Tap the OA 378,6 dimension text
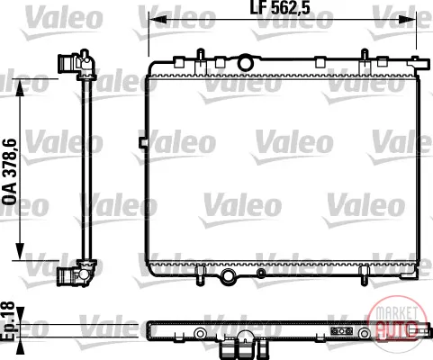coord(9,172)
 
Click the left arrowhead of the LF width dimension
coord(158,20)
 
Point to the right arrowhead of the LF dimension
coord(408,20)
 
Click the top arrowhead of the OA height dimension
coord(20,87)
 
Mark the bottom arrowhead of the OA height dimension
coord(20,251)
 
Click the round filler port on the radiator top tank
coord(245,63)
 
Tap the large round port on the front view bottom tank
coord(228,275)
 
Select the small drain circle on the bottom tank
coord(261,273)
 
